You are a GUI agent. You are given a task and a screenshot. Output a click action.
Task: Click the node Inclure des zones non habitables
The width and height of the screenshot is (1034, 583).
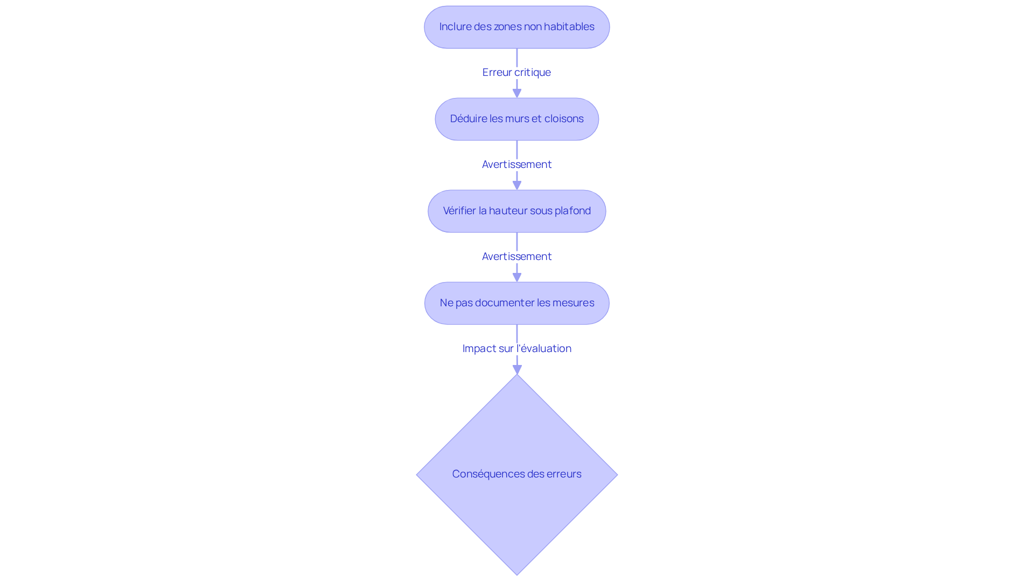click(x=517, y=27)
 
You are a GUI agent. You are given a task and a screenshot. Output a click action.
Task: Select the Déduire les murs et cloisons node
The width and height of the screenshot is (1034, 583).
click(x=517, y=119)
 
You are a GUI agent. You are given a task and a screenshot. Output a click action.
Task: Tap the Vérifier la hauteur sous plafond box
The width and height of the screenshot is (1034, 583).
click(x=517, y=211)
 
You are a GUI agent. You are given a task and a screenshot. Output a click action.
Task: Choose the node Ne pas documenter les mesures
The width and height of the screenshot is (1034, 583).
click(x=517, y=303)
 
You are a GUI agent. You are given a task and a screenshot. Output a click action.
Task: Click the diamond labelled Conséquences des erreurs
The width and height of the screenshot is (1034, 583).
click(x=517, y=474)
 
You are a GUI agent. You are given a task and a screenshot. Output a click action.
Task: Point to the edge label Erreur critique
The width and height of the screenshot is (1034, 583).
click(x=516, y=72)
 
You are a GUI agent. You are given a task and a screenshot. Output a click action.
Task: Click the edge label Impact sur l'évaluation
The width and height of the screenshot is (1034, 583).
click(x=517, y=348)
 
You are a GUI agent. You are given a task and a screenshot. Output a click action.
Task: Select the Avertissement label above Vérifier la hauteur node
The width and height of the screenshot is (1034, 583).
click(x=517, y=164)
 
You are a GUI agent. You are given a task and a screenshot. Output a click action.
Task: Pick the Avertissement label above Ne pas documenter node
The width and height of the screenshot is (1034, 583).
click(x=517, y=256)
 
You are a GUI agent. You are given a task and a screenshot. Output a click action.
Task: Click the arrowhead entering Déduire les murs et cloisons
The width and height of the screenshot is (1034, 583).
click(x=517, y=94)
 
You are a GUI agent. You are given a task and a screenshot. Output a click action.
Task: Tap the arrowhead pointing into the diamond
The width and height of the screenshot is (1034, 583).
click(x=517, y=370)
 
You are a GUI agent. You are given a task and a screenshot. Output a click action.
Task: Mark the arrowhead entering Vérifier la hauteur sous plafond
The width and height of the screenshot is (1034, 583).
click(x=517, y=186)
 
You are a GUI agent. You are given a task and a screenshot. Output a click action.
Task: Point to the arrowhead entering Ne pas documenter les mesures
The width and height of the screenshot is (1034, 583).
click(x=517, y=278)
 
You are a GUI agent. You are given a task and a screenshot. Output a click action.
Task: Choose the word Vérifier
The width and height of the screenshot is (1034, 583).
click(x=459, y=210)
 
